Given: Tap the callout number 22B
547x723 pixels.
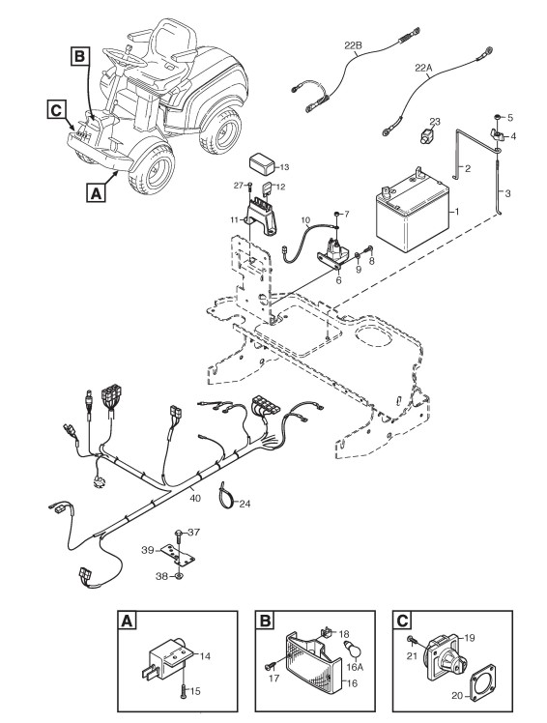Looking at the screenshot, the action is click(x=354, y=45).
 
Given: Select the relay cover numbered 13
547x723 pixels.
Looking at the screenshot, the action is click(x=262, y=163).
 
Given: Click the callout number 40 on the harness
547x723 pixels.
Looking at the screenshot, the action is click(x=195, y=499).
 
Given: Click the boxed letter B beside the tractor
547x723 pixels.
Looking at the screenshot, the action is click(x=80, y=56).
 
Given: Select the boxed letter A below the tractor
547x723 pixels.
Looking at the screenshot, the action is click(x=96, y=191).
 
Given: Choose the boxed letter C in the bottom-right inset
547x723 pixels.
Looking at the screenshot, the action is click(x=402, y=621).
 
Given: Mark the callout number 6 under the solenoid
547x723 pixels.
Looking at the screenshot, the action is click(x=339, y=280).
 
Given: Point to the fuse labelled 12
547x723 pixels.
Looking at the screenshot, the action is click(x=268, y=189).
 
